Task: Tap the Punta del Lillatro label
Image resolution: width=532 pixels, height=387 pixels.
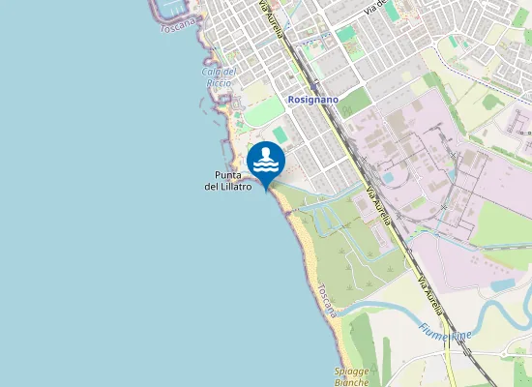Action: point(228,181)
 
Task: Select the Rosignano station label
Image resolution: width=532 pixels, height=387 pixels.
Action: point(311,100)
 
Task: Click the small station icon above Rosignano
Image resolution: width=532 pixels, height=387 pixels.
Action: point(315,86)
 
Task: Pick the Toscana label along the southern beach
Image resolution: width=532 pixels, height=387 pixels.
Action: point(327,300)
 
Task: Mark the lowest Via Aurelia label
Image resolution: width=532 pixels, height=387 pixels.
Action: point(430,292)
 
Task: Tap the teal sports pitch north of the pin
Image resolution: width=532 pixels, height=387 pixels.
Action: point(280,133)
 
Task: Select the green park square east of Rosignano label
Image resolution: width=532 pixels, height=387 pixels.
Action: point(356,101)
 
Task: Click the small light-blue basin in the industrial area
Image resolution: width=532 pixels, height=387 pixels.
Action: point(388,179)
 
